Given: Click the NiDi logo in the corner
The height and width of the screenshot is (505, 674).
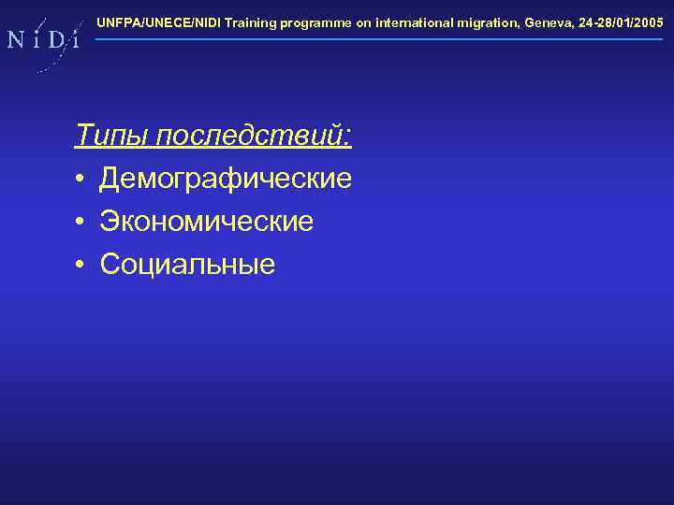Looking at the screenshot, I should [x=43, y=40].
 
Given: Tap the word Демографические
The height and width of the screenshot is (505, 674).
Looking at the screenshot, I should [x=226, y=179].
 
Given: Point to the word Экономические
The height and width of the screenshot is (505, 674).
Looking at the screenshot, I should [x=207, y=222].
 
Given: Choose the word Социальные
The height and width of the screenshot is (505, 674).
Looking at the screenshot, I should [x=187, y=265].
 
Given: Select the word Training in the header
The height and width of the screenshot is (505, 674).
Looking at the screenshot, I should [x=248, y=22].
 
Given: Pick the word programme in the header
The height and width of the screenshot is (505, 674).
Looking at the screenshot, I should [x=315, y=22].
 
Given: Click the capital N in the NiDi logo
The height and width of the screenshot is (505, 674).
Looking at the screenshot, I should [x=17, y=40].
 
